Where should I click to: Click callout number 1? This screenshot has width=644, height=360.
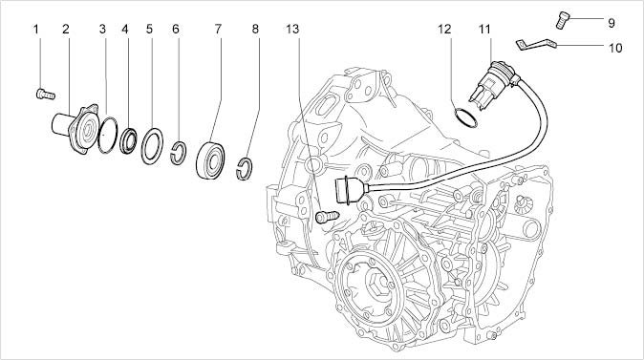tap(35, 30)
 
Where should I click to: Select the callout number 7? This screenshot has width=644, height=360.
tap(218, 30)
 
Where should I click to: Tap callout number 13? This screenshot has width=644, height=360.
tap(292, 30)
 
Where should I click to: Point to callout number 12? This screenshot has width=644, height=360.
tap(444, 30)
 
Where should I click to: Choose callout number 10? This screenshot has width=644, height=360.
tap(615, 48)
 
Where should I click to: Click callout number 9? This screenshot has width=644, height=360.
tap(612, 23)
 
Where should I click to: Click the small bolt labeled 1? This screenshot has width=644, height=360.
tap(46, 95)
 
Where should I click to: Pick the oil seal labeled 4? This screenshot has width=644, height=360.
tap(129, 140)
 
